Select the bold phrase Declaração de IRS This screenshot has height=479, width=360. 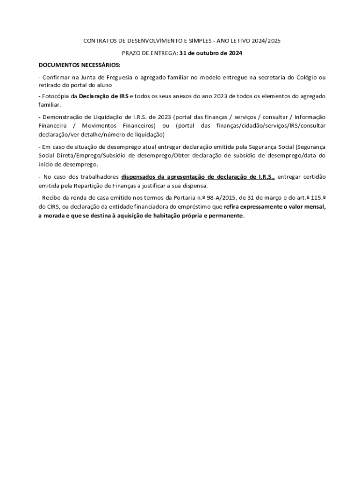(x=103, y=96)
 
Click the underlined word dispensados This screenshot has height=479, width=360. (x=138, y=177)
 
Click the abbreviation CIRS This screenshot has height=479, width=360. (x=53, y=206)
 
